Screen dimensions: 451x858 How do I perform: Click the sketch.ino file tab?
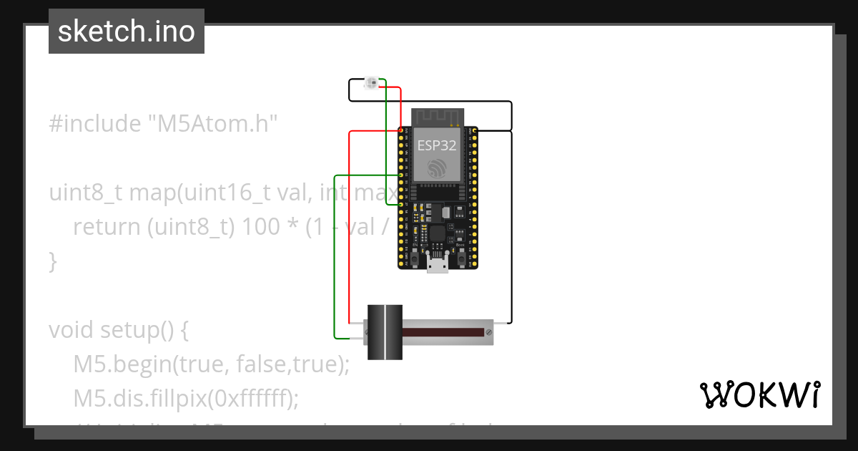click(x=127, y=31)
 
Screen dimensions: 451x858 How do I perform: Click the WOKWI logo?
click(x=759, y=394)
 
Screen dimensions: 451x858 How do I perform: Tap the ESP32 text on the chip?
click(x=437, y=145)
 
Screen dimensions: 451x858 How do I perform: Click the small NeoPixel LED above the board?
click(x=371, y=84)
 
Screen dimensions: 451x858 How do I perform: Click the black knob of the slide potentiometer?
click(x=385, y=332)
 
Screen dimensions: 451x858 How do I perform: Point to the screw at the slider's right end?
click(x=488, y=332)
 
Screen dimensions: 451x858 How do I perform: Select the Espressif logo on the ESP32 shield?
click(x=438, y=168)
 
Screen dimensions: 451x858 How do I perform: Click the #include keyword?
click(x=95, y=124)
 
